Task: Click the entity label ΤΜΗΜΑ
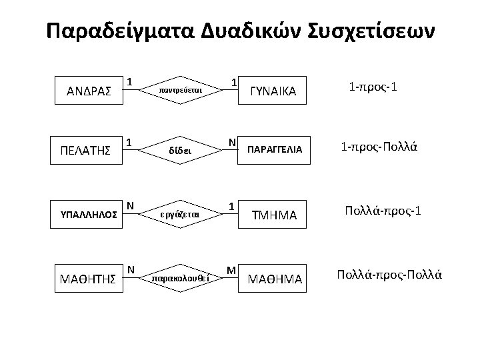[x=275, y=215]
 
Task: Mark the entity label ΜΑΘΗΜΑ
[x=275, y=277]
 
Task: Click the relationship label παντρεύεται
[x=181, y=88]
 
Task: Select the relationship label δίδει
[x=181, y=151]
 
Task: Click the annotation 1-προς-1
[x=371, y=87]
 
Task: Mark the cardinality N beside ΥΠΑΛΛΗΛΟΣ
[x=131, y=205]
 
